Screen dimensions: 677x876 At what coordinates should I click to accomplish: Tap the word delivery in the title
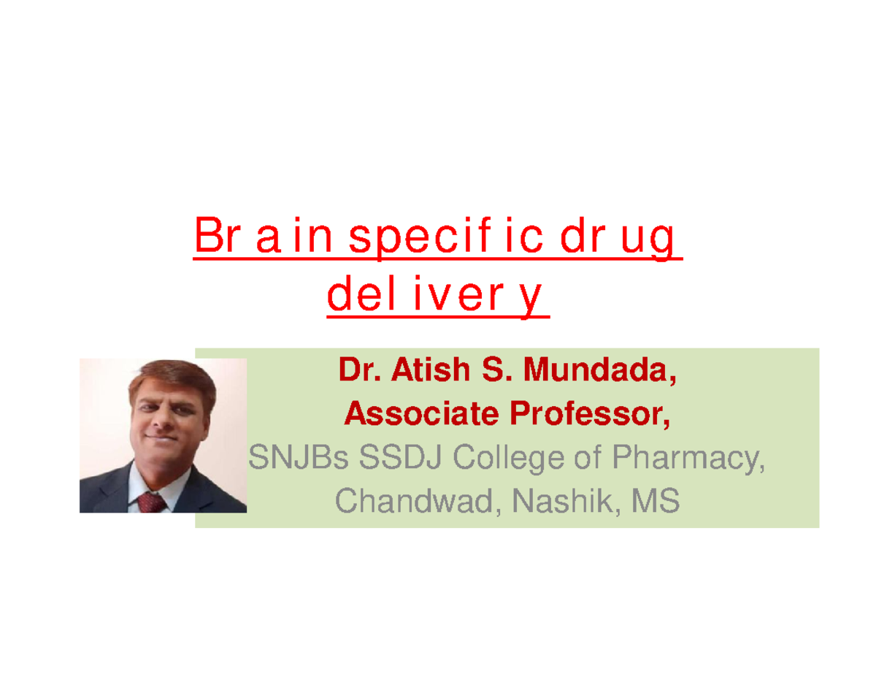[437, 297]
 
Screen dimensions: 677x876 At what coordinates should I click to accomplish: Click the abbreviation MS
[656, 502]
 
